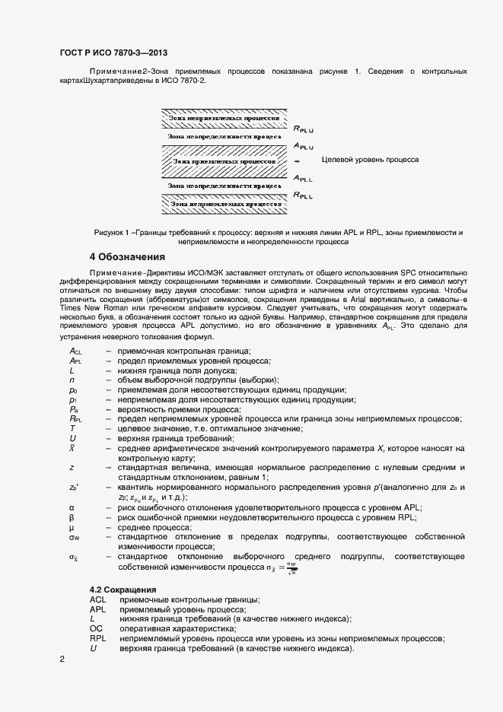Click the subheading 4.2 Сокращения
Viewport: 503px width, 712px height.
click(123, 590)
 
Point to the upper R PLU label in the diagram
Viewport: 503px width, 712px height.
click(304, 129)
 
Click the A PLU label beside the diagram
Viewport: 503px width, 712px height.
click(304, 145)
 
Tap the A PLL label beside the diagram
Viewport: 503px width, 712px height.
click(304, 178)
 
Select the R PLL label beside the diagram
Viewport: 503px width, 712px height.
click(304, 195)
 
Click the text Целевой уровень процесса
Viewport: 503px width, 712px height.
click(370, 161)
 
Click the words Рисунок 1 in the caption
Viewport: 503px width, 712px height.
click(113, 231)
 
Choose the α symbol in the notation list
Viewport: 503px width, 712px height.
click(72, 507)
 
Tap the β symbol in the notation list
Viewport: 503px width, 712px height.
click(72, 517)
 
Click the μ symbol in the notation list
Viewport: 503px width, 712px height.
click(72, 527)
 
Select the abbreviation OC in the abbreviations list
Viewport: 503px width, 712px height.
click(96, 629)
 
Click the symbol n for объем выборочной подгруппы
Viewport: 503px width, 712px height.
click(71, 379)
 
